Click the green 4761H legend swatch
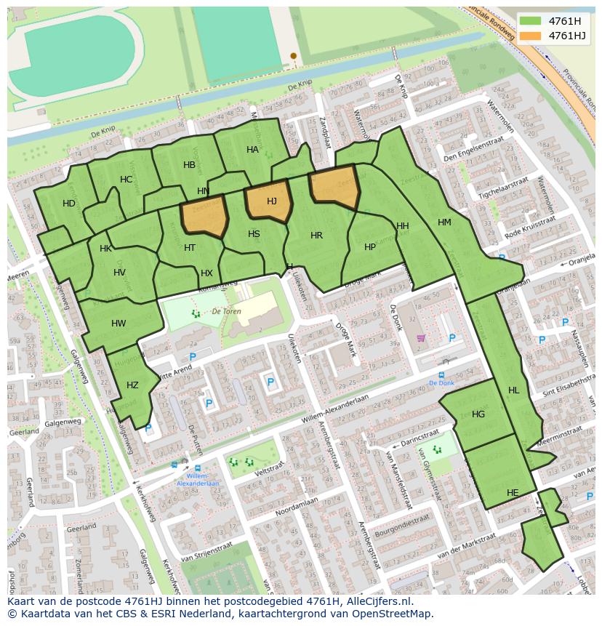pos(531,21)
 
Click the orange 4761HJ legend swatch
pos(531,36)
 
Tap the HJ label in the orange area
pos(271,201)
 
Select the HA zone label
pos(252,150)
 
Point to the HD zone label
pos(69,204)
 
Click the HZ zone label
pos(132,385)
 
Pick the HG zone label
pos(478,414)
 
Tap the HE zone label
pos(513,493)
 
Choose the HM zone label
pos(444,222)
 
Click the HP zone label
pos(370,247)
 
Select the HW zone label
pos(119,324)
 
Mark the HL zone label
pos(514,390)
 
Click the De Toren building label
pos(226,310)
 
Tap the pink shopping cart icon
pos(420,338)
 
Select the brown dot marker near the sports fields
pos(294,55)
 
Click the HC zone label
pos(127,180)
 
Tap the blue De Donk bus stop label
pos(441,383)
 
